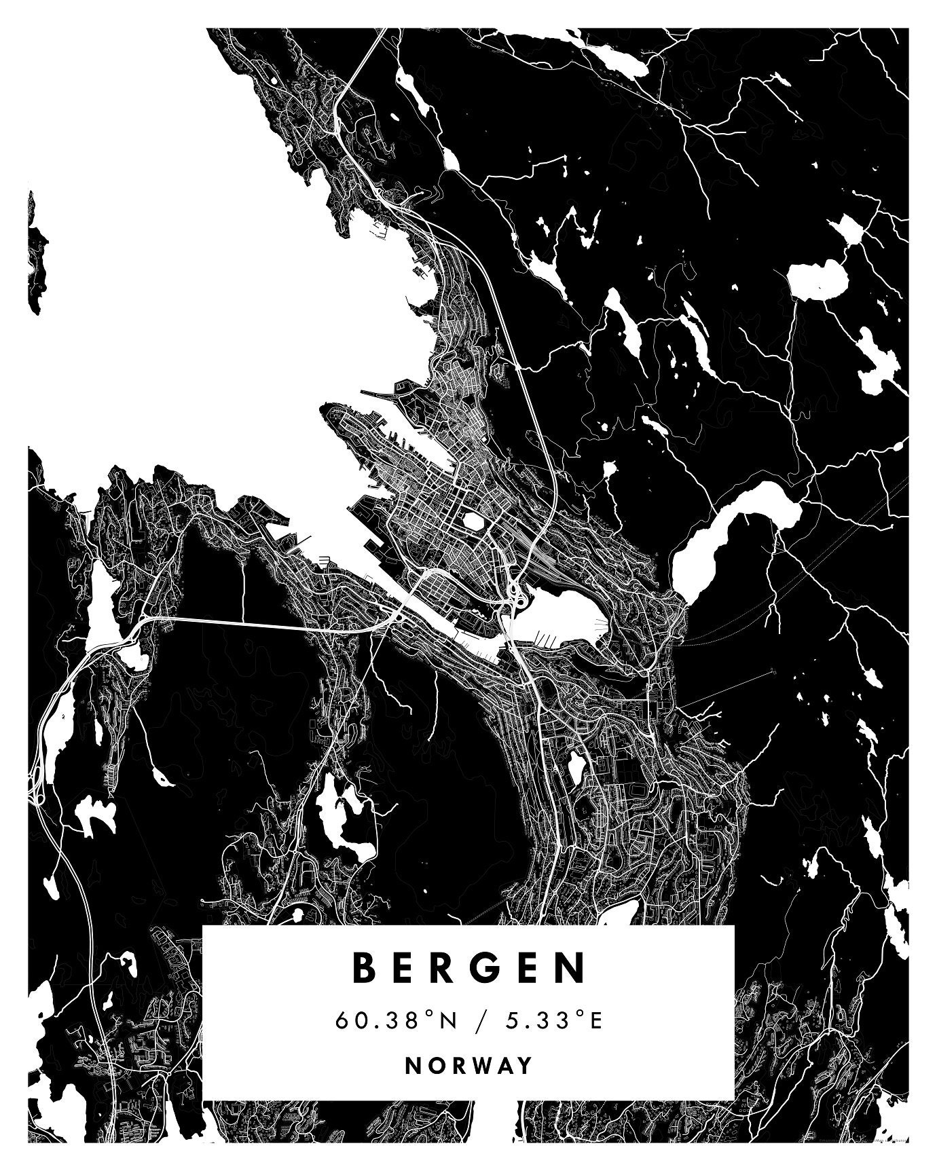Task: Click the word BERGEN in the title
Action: coord(468,968)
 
